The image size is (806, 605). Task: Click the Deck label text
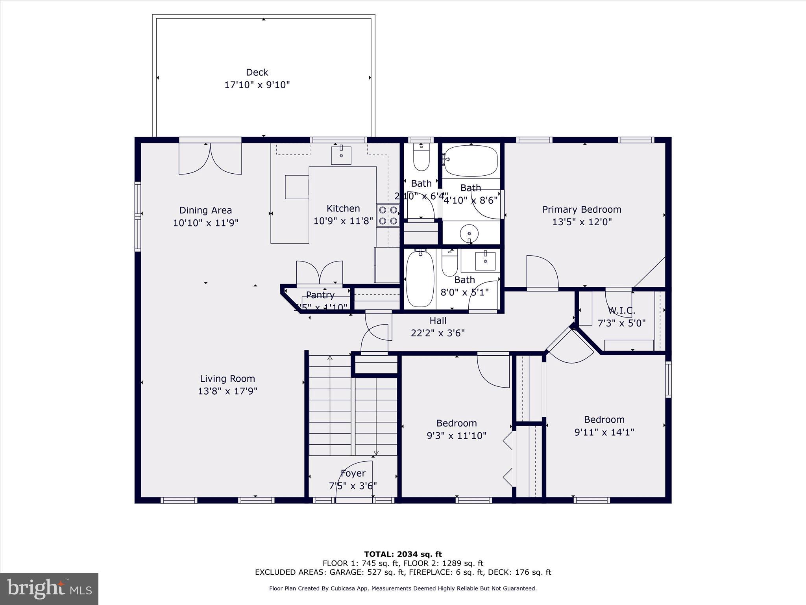pyautogui.click(x=257, y=72)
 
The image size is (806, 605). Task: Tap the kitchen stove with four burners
pyautogui.click(x=388, y=215)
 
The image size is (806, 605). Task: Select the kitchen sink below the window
pyautogui.click(x=341, y=155)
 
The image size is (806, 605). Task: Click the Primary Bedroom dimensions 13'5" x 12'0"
pyautogui.click(x=582, y=222)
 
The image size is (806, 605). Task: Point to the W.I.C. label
pyautogui.click(x=621, y=311)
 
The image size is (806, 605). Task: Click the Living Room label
pyautogui.click(x=227, y=379)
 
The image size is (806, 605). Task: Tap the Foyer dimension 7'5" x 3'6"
pyautogui.click(x=353, y=486)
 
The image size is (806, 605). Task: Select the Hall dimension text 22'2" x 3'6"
pyautogui.click(x=438, y=333)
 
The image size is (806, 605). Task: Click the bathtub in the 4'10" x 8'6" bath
pyautogui.click(x=471, y=161)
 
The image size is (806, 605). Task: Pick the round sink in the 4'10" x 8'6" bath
pyautogui.click(x=469, y=233)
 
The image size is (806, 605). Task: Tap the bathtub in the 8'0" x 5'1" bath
pyautogui.click(x=420, y=279)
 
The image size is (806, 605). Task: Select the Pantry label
pyautogui.click(x=320, y=295)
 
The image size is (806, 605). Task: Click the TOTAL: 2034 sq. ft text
pyautogui.click(x=403, y=554)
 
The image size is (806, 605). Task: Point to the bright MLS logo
pyautogui.click(x=49, y=588)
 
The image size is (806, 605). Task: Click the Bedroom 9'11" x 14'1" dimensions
pyautogui.click(x=604, y=432)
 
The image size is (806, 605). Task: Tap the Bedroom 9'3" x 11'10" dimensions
pyautogui.click(x=457, y=436)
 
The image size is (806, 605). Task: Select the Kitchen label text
pyautogui.click(x=343, y=208)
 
